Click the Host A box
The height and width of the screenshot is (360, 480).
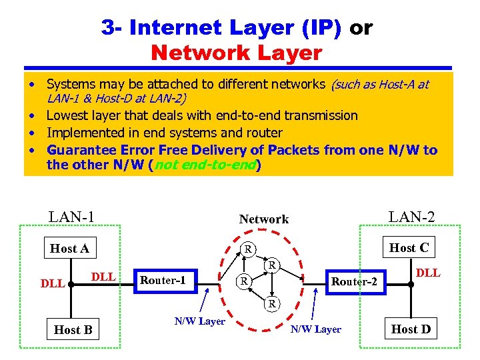[69, 249]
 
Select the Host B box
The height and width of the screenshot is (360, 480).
[73, 329]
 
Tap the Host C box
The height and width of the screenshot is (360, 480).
[409, 248]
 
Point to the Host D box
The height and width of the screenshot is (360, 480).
[411, 329]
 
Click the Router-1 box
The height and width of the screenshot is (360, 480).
[163, 280]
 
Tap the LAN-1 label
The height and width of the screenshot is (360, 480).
[71, 217]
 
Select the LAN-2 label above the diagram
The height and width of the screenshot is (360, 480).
[411, 217]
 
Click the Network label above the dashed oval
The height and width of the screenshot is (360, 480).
[264, 219]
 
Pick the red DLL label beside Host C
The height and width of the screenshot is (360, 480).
[427, 273]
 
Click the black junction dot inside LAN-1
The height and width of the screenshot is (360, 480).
[69, 283]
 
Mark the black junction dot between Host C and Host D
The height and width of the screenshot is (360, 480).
[411, 283]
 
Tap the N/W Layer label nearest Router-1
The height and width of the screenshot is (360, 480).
[199, 321]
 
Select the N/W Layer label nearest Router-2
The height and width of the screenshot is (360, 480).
[316, 329]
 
